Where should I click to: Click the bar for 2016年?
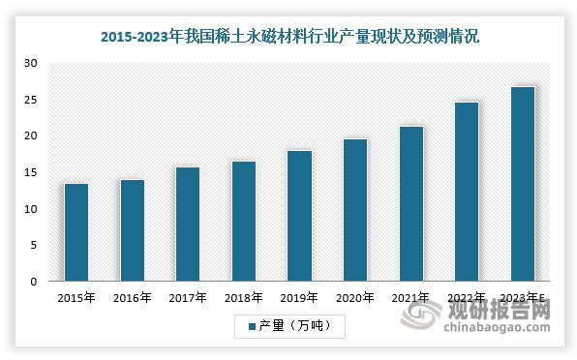click(132, 230)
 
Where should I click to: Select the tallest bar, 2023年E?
click(522, 184)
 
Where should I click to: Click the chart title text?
click(289, 38)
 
